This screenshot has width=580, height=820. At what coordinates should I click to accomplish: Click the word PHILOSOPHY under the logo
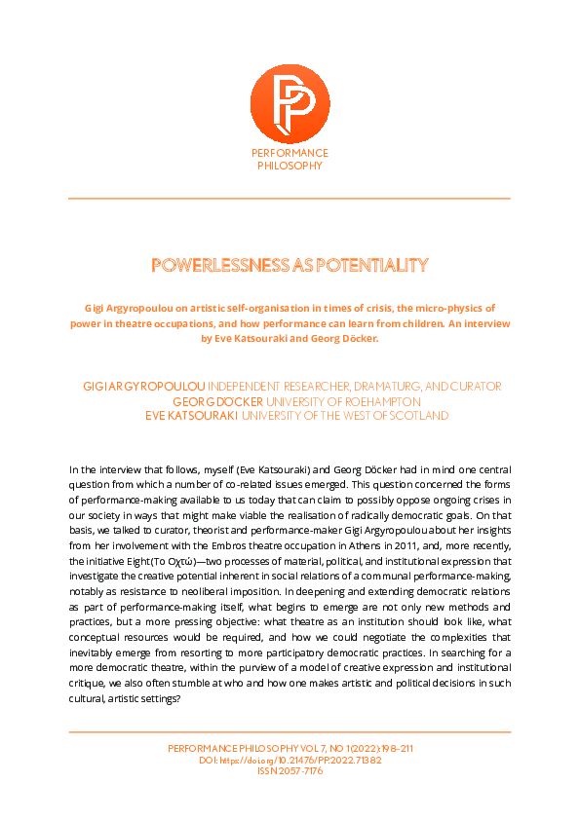290,167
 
